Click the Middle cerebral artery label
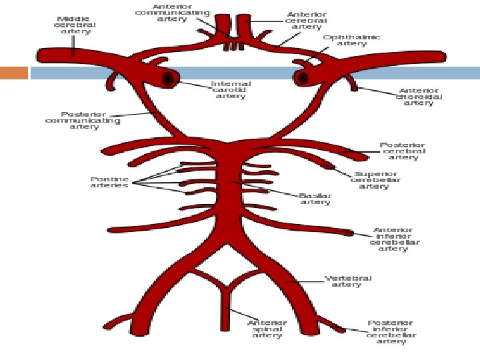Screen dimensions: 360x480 75,25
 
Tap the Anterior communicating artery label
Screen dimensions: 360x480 173,13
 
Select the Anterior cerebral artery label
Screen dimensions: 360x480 306,20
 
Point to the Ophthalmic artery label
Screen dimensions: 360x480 351,40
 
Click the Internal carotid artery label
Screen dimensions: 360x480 231,89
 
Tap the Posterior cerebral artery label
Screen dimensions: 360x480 403,151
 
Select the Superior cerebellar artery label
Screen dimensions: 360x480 376,180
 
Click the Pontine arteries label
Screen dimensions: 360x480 109,182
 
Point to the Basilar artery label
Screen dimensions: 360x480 315,199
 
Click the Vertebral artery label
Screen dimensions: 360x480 347,281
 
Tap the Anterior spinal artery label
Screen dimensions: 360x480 267,329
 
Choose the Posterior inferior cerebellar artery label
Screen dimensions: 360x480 391,332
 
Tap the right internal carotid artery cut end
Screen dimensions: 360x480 303,79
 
